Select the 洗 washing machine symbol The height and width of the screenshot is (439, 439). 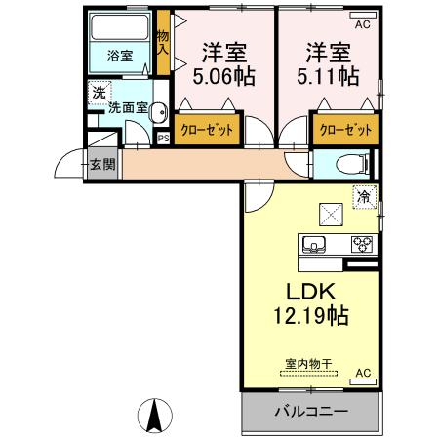tap(99, 94)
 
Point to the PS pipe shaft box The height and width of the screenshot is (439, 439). tap(163, 138)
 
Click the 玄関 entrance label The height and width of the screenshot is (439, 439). tap(101, 164)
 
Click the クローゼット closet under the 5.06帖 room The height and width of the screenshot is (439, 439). tap(208, 131)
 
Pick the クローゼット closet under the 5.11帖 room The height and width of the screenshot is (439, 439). tap(344, 131)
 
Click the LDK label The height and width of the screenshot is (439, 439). tap(310, 292)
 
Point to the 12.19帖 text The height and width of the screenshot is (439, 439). tap(310, 316)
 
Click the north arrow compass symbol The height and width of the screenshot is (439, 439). tap(154, 417)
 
